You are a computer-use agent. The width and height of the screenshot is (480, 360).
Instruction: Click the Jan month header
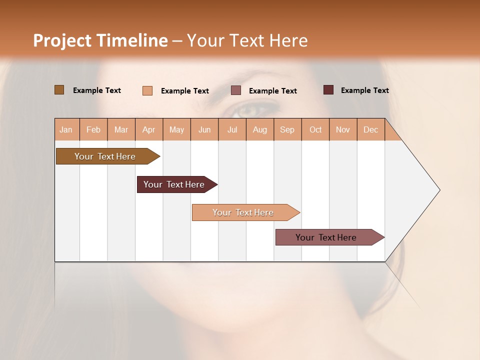click(x=66, y=129)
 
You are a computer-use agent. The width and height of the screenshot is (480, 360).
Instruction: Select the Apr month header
click(x=149, y=129)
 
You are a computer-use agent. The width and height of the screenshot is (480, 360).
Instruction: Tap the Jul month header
click(x=232, y=129)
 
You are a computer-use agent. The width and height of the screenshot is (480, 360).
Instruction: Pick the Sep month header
click(x=287, y=129)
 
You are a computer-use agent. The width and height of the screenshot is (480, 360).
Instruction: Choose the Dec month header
click(x=370, y=129)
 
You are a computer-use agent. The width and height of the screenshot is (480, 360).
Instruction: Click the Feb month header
click(x=93, y=129)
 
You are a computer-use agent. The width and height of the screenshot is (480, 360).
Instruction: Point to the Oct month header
click(x=315, y=129)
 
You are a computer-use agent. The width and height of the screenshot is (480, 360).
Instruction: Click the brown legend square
click(x=59, y=90)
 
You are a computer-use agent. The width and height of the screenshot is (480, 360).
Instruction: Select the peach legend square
click(x=147, y=90)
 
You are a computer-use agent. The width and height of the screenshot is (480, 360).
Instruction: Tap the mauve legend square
click(x=236, y=90)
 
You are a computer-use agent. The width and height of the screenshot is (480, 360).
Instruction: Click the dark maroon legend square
click(x=328, y=90)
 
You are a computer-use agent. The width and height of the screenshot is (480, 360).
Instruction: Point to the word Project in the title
click(x=62, y=40)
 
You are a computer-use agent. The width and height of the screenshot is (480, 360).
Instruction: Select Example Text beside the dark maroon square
click(x=364, y=90)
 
